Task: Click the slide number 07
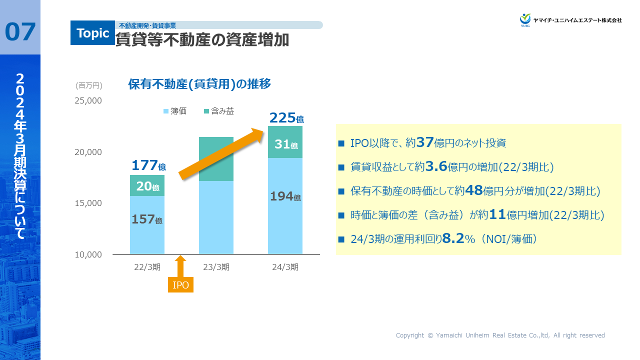[20, 32]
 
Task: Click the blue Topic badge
[92, 33]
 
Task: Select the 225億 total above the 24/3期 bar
[286, 118]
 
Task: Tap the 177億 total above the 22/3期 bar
[148, 165]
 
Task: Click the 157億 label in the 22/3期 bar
[147, 219]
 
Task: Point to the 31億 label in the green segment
[286, 144]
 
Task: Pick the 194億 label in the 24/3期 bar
[285, 196]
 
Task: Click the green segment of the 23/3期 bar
[216, 158]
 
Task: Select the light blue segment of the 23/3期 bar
[216, 217]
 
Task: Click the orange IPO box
[180, 285]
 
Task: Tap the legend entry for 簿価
[175, 111]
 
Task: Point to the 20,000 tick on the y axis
[88, 152]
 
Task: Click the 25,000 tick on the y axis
[88, 100]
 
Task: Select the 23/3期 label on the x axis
[216, 267]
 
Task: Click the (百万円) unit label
[89, 85]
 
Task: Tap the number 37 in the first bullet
[425, 143]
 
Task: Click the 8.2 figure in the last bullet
[453, 239]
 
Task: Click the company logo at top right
[570, 20]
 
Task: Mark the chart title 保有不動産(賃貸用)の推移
[199, 84]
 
